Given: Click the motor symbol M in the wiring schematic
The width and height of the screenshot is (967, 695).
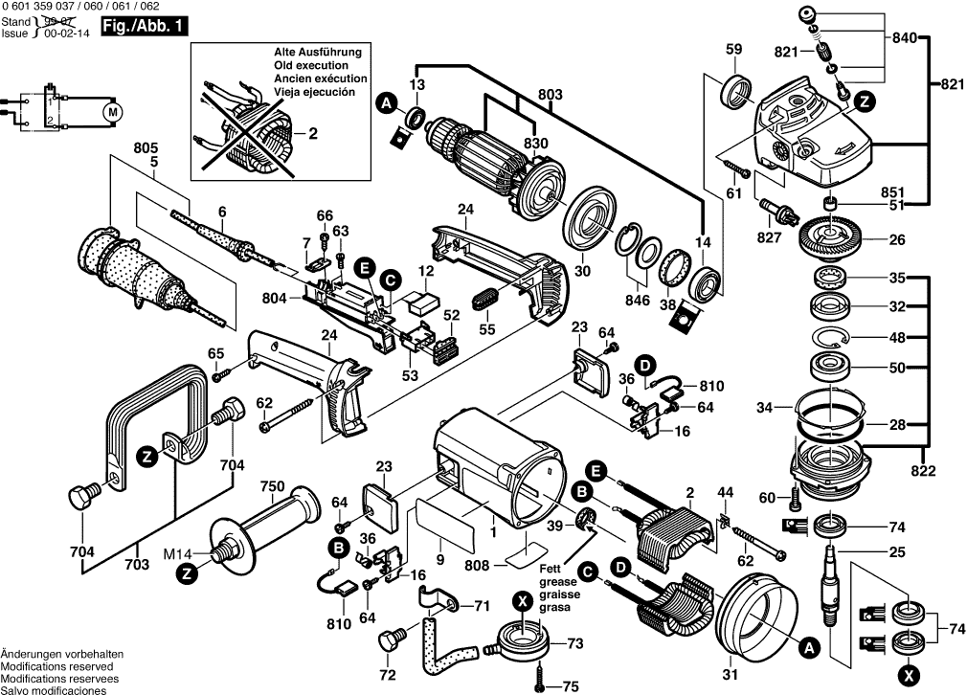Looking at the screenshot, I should (114, 111).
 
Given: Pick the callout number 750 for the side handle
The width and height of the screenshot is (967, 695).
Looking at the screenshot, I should (273, 486).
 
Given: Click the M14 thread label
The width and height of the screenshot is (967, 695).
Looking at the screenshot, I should (200, 552).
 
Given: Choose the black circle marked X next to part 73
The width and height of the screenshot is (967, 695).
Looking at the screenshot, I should (522, 600).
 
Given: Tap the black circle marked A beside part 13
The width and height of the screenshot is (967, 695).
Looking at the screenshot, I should (385, 102).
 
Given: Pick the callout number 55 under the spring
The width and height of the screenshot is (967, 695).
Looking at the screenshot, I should (487, 328).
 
